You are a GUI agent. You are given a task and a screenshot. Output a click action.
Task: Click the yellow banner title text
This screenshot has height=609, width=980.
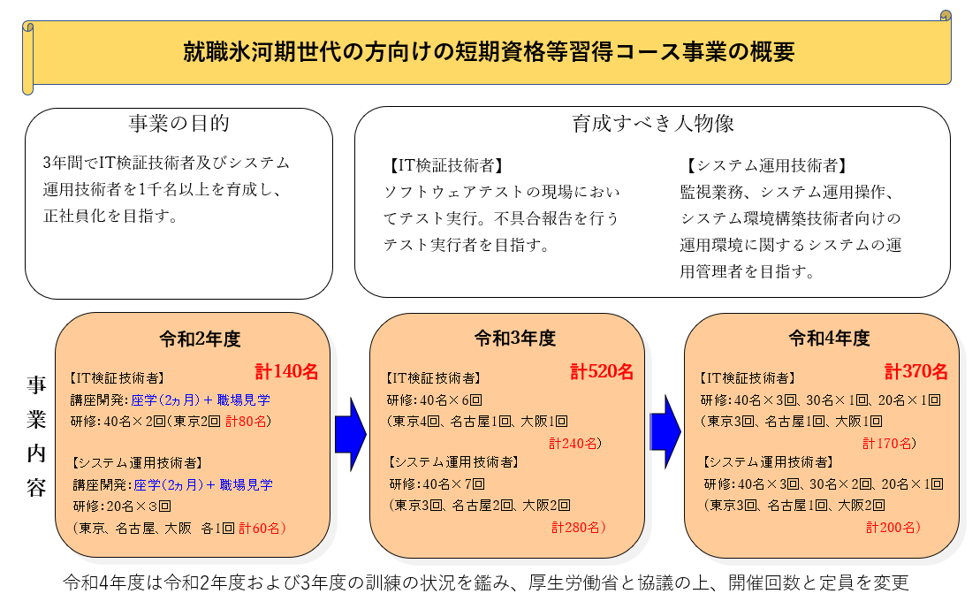pos(489,51)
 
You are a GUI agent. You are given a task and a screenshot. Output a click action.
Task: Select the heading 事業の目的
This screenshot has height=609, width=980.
pos(179,123)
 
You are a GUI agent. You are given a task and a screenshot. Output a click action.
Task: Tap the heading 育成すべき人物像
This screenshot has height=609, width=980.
pos(653,123)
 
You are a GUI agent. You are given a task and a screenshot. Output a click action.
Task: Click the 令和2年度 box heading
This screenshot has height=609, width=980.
pos(200,339)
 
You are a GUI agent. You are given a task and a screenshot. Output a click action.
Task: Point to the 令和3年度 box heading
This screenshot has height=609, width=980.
pos(515,339)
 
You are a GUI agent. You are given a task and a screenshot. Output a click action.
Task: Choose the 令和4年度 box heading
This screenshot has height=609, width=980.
pos(830,339)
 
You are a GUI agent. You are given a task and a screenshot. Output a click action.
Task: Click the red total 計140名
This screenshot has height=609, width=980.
pos(287,371)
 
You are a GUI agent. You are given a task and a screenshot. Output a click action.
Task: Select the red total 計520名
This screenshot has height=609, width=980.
pos(602,371)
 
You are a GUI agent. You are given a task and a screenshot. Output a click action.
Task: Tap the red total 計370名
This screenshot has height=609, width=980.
pos(916,371)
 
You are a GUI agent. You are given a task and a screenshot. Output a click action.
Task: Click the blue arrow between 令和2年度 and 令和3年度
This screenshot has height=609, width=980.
pos(351,435)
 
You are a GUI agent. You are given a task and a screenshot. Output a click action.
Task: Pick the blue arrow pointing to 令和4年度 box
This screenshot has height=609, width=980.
pos(665,432)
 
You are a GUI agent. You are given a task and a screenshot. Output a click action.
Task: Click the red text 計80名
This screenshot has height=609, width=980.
pos(246,422)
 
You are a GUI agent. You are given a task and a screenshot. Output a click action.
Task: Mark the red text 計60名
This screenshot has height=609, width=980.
pos(260,529)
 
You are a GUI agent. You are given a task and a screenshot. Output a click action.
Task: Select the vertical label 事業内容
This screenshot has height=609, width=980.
pos(36,436)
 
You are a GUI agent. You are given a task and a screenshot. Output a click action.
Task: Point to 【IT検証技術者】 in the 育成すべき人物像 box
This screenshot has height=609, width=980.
pos(444,165)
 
